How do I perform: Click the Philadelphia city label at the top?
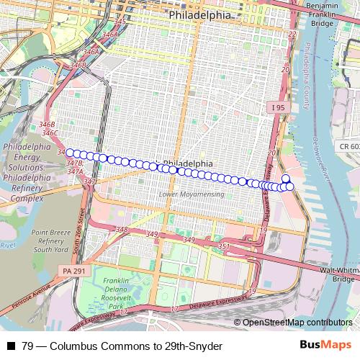(199, 14)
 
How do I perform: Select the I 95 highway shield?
(279, 108)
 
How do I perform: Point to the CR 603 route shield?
(348, 147)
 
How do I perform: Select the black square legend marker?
(11, 346)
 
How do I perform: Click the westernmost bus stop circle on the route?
(70, 153)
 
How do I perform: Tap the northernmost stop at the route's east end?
(285, 179)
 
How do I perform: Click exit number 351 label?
(224, 247)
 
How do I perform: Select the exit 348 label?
(122, 230)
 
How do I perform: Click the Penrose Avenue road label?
(26, 295)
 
